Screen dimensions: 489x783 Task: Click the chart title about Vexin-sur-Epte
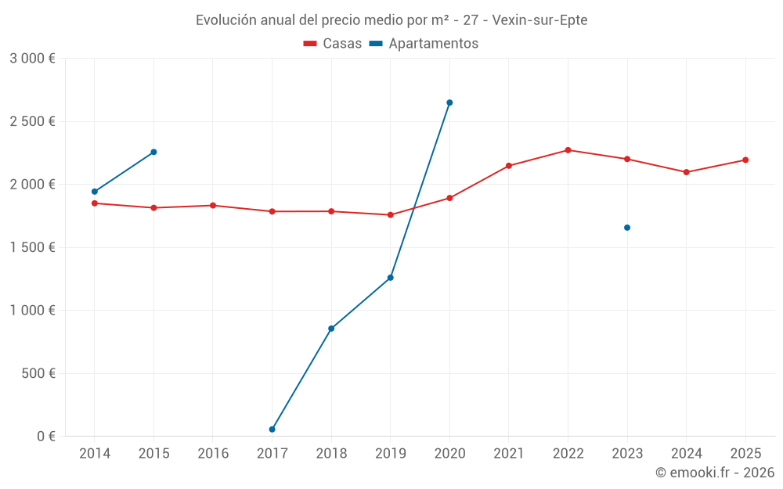[391, 20]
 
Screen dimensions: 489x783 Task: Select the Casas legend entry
[333, 44]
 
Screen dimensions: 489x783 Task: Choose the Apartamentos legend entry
[424, 44]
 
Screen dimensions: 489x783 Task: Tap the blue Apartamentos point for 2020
[449, 102]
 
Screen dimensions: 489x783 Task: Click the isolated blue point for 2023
[627, 228]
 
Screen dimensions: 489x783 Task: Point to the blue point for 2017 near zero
[272, 430]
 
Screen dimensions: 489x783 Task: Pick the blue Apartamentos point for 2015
[153, 152]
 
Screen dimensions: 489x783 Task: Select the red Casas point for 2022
[568, 150]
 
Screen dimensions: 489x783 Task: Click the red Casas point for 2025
[745, 160]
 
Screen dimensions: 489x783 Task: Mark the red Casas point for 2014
[95, 203]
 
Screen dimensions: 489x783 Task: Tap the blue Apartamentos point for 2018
[331, 329]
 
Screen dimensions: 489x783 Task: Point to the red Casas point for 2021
[509, 166]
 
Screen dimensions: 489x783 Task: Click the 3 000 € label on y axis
[32, 59]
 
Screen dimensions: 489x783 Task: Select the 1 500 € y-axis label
[32, 247]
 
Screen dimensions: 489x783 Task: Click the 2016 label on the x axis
[213, 454]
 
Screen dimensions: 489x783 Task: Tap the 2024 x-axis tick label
[686, 454]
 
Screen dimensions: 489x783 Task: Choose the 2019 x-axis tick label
[390, 454]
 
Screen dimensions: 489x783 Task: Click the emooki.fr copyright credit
[714, 473]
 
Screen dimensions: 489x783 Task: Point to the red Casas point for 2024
[686, 172]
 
